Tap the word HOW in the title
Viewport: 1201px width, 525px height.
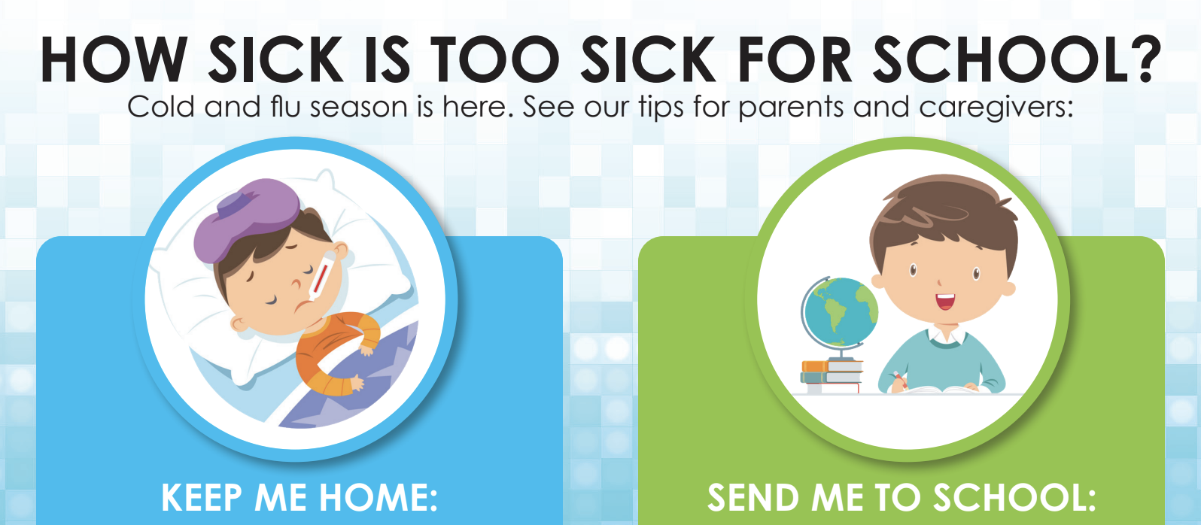[114, 59]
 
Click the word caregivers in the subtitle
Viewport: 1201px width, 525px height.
[996, 108]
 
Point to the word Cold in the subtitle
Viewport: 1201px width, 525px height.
[161, 107]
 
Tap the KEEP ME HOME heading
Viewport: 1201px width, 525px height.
[299, 498]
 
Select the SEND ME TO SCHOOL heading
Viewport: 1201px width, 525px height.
[902, 498]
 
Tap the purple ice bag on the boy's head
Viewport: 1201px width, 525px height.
[247, 219]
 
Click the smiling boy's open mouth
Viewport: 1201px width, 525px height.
[945, 302]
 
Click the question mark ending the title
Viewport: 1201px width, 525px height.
[1147, 59]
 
